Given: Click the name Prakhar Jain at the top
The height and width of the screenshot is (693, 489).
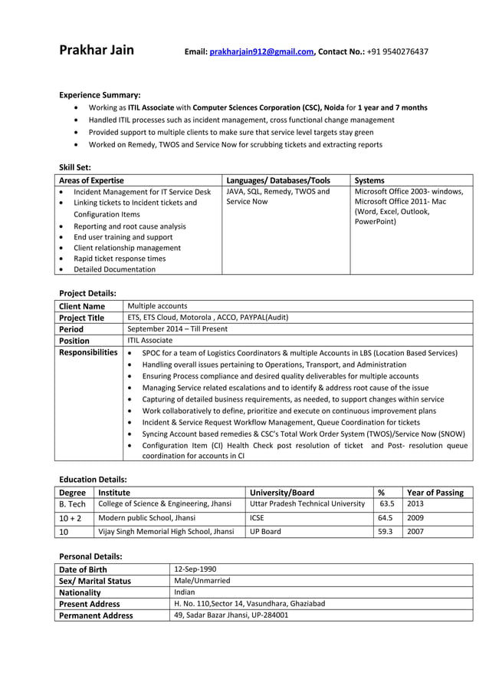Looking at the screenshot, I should [x=97, y=51].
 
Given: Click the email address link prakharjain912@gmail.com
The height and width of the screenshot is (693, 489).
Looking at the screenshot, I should [x=261, y=52].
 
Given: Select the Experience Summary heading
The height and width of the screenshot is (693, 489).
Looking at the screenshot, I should [x=100, y=94].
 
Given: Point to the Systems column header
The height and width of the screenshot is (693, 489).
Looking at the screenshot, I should [x=369, y=180].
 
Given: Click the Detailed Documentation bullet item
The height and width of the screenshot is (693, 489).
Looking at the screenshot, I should [x=114, y=269].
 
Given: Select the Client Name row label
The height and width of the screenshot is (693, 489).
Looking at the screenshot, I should [x=82, y=306].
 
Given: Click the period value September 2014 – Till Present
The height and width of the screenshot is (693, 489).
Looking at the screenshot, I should [x=177, y=328].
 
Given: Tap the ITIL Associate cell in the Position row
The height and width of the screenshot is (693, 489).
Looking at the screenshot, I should [x=149, y=340].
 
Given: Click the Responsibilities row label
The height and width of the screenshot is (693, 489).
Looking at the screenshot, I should [x=89, y=352].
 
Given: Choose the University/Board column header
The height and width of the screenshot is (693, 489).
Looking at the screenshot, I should [x=282, y=493].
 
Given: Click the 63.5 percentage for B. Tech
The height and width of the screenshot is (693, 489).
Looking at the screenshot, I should [x=387, y=504].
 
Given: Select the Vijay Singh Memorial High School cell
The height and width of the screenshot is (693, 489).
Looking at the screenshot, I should [x=165, y=531].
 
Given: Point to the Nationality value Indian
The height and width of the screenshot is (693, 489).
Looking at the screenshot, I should [x=185, y=592].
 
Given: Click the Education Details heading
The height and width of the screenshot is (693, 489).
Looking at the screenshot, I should [x=93, y=479].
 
